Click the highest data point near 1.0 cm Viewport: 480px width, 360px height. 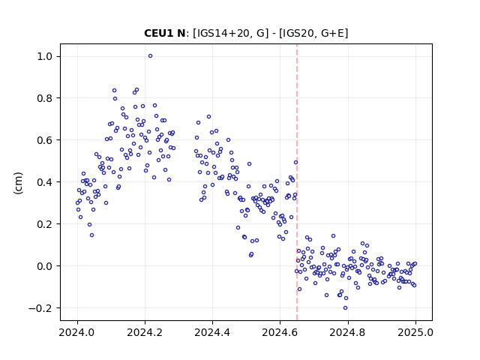(x=150, y=56)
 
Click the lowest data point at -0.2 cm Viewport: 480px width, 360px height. (x=345, y=308)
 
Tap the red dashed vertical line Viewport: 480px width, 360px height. (x=297, y=182)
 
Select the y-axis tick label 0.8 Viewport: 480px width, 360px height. (x=45, y=98)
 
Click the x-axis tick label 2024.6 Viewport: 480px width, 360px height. (x=280, y=332)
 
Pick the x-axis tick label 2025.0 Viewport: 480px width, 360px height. (x=415, y=332)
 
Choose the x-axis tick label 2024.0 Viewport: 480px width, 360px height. (x=77, y=332)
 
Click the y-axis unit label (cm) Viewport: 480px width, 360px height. (x=18, y=183)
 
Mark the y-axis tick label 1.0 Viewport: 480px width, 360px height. (x=45, y=56)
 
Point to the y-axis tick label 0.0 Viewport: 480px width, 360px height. (x=45, y=266)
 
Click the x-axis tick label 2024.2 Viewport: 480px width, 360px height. (x=145, y=332)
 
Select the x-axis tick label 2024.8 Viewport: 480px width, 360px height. (x=348, y=332)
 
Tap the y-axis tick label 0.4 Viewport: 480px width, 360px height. (x=45, y=182)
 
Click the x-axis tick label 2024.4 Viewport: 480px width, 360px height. (x=212, y=332)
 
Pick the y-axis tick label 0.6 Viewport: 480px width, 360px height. (x=45, y=140)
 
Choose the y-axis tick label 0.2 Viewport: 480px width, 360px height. (x=45, y=224)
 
